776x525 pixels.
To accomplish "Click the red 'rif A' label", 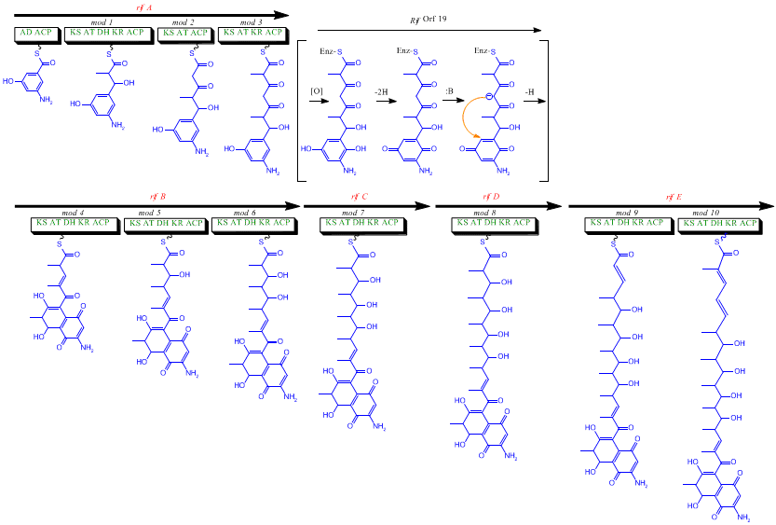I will [x=144, y=7].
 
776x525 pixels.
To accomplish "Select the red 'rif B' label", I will [x=157, y=197].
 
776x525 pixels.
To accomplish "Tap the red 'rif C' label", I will [x=360, y=197].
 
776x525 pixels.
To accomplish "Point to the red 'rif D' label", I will [x=491, y=197].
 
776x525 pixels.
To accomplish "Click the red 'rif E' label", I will [x=673, y=197].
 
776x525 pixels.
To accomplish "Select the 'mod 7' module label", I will [x=359, y=213].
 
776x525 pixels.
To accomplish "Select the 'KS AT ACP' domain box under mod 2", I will [x=185, y=33].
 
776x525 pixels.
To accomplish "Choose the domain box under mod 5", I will [x=166, y=224].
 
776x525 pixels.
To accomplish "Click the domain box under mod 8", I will [x=494, y=224].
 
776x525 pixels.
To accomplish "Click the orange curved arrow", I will [x=469, y=117].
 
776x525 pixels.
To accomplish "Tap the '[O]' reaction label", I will [x=317, y=91].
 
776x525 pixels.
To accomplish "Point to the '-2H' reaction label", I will [x=381, y=91].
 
